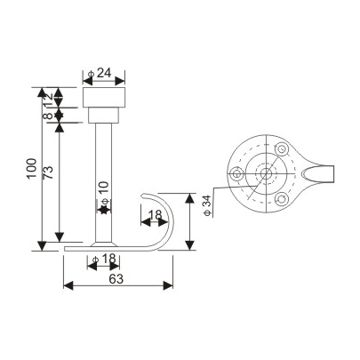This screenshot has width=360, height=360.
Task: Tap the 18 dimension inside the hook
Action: [x=154, y=215]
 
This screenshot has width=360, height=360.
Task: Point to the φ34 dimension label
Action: [x=206, y=204]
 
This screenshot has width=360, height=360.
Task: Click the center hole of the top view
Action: [x=267, y=174]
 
